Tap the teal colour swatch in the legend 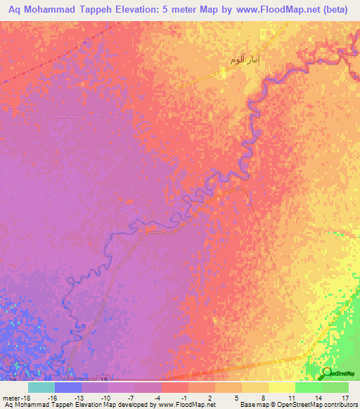[41, 387]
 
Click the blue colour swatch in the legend [68, 387]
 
